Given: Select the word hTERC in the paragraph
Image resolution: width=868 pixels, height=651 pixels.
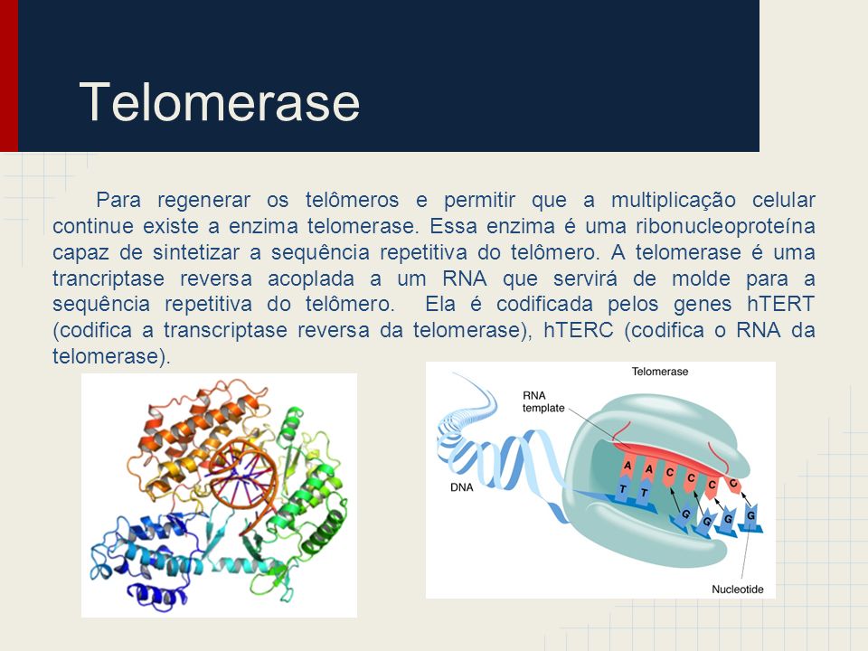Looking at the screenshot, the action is [578, 330].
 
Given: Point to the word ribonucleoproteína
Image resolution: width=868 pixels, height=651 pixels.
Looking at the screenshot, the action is [725, 226].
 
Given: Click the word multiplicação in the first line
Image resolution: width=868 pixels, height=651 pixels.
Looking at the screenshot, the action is [673, 201].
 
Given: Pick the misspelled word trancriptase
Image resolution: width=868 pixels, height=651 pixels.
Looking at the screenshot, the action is [108, 278].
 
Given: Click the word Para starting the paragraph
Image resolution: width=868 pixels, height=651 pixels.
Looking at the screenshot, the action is [118, 200].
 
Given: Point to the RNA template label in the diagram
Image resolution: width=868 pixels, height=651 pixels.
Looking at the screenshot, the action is [543, 401].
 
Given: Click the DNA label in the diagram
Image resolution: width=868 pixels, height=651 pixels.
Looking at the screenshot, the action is [462, 487].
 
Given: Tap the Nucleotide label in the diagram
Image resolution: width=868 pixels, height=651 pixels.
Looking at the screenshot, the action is [738, 590].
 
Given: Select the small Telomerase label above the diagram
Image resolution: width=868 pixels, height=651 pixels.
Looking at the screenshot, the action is [660, 372].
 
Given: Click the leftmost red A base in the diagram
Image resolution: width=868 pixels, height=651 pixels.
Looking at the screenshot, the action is [627, 467].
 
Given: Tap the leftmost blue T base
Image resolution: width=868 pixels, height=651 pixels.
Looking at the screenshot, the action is [623, 490].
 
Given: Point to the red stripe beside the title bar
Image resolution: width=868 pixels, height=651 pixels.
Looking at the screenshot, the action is [9, 76].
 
